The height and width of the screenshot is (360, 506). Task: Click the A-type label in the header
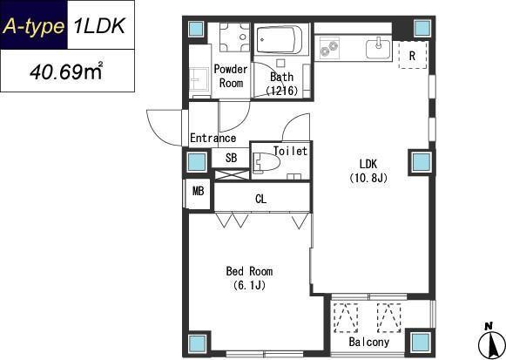click(x=33, y=26)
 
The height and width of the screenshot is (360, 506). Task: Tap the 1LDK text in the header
click(x=99, y=25)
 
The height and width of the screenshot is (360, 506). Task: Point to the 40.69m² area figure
click(x=66, y=71)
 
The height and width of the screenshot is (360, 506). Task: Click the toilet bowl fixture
click(x=266, y=162)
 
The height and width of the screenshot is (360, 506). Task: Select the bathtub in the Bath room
click(x=280, y=39)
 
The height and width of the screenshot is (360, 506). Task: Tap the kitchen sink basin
click(x=378, y=49)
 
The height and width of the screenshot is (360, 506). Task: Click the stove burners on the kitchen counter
click(x=329, y=49)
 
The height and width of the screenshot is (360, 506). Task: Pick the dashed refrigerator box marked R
click(x=413, y=55)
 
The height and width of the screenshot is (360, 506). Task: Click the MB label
click(x=199, y=191)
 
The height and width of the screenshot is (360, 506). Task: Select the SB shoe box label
click(x=231, y=158)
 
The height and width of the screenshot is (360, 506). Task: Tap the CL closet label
click(x=260, y=199)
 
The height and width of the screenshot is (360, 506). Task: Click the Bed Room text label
click(x=249, y=271)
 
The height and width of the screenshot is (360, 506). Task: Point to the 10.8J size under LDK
click(x=368, y=178)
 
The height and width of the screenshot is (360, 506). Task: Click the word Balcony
click(x=369, y=342)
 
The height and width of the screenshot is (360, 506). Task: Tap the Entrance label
click(x=213, y=139)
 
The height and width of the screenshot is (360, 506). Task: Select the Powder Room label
click(x=231, y=76)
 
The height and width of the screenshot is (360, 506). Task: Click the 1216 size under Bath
click(x=281, y=91)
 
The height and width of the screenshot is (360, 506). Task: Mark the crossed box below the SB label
click(x=232, y=174)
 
